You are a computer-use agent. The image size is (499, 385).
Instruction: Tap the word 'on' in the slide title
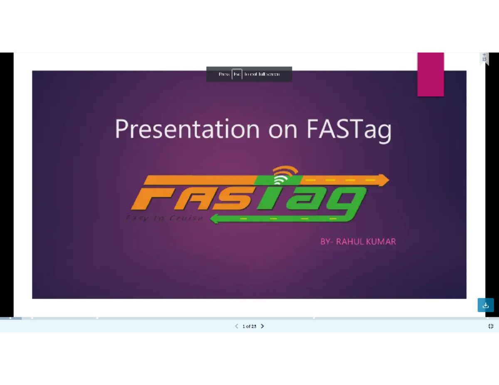pos(283,129)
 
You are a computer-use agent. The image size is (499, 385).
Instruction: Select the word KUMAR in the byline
pos(381,241)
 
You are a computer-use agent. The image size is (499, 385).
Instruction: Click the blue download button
pos(485,305)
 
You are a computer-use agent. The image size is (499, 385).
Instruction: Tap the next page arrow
pos(262,326)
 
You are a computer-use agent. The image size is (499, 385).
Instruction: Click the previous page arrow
pos(237,326)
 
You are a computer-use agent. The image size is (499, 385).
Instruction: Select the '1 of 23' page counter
pos(249,326)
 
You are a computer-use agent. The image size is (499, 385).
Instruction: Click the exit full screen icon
pos(491,326)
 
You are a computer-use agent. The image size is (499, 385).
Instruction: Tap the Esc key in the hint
pos(237,74)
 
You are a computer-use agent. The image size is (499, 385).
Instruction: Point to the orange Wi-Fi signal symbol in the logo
pos(286,174)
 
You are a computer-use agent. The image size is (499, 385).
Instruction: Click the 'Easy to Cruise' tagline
pos(164,218)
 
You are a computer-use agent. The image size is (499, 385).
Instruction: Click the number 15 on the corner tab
pos(484,59)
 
